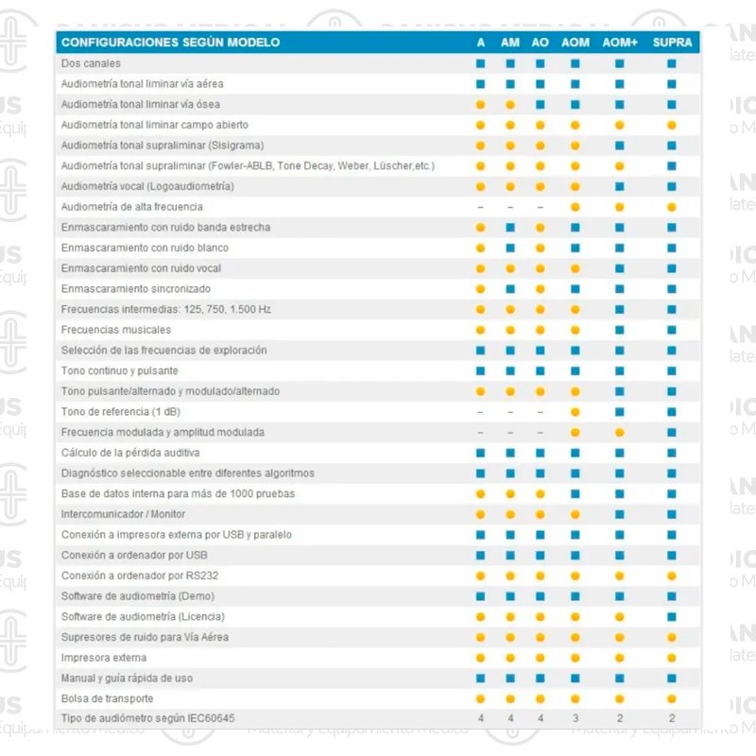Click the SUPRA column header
672,43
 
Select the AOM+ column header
620,43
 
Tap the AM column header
510,43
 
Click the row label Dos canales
91,63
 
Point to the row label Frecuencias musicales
116,330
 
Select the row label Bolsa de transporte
107,698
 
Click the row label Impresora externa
104,658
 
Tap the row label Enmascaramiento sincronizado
136,289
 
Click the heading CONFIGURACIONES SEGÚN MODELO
170,43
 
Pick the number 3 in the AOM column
575,719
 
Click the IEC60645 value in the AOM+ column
620,719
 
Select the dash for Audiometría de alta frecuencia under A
480,207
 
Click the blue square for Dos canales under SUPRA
672,63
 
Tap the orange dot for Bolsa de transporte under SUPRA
672,698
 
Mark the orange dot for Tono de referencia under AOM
575,412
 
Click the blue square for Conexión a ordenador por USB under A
480,555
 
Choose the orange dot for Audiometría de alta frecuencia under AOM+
620,207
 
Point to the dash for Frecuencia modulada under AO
541,433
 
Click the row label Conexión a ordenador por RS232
134,576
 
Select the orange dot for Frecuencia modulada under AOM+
620,433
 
